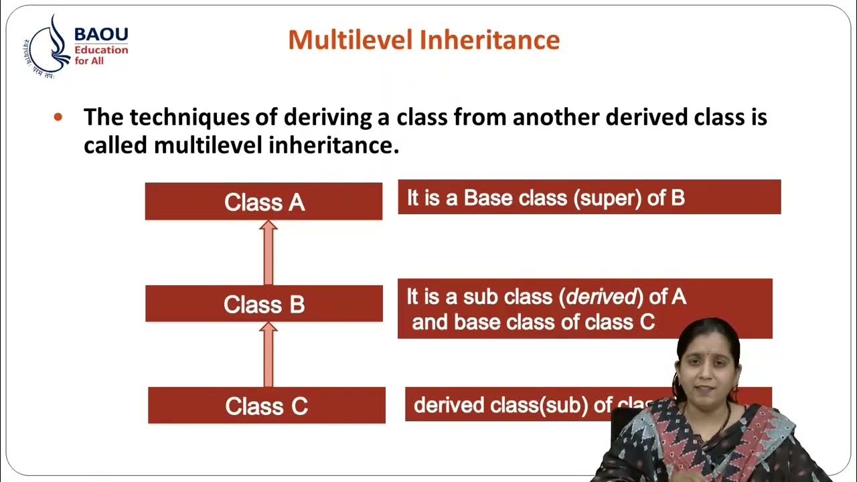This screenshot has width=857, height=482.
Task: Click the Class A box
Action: tap(264, 202)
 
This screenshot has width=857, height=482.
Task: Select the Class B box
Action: tap(264, 304)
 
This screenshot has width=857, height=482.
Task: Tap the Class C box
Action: tap(266, 406)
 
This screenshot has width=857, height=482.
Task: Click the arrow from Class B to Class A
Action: tap(268, 253)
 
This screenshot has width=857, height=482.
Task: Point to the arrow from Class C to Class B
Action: tap(268, 355)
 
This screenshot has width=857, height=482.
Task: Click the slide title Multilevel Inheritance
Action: tap(424, 40)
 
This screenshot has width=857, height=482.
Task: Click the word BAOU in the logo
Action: tap(101, 34)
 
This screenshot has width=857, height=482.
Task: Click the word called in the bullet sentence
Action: tap(115, 145)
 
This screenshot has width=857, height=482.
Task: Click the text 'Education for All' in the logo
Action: tap(100, 55)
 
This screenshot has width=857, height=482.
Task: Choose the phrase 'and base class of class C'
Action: tap(533, 322)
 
